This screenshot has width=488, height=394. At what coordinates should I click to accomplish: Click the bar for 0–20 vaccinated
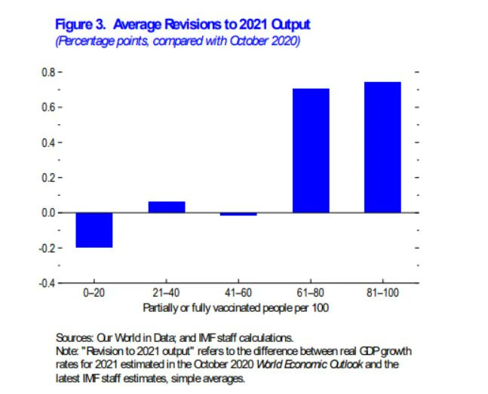(94, 230)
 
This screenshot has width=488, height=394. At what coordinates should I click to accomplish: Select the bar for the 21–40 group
(167, 207)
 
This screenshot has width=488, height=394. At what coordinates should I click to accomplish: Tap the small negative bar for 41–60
(238, 215)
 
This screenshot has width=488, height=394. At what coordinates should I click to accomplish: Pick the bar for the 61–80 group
(311, 151)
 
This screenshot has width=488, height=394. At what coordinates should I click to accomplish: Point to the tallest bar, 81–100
(382, 148)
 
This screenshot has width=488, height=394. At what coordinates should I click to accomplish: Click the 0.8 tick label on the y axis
(48, 72)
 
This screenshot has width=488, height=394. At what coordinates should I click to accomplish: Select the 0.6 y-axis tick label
(48, 107)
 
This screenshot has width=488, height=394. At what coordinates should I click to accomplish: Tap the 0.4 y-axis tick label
(48, 142)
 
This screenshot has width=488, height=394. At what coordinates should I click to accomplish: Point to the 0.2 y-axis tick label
(48, 178)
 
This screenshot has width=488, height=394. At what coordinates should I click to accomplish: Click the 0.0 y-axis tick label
(48, 213)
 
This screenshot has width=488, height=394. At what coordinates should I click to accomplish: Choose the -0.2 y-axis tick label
(46, 248)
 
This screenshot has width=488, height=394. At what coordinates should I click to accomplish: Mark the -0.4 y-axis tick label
(46, 283)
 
